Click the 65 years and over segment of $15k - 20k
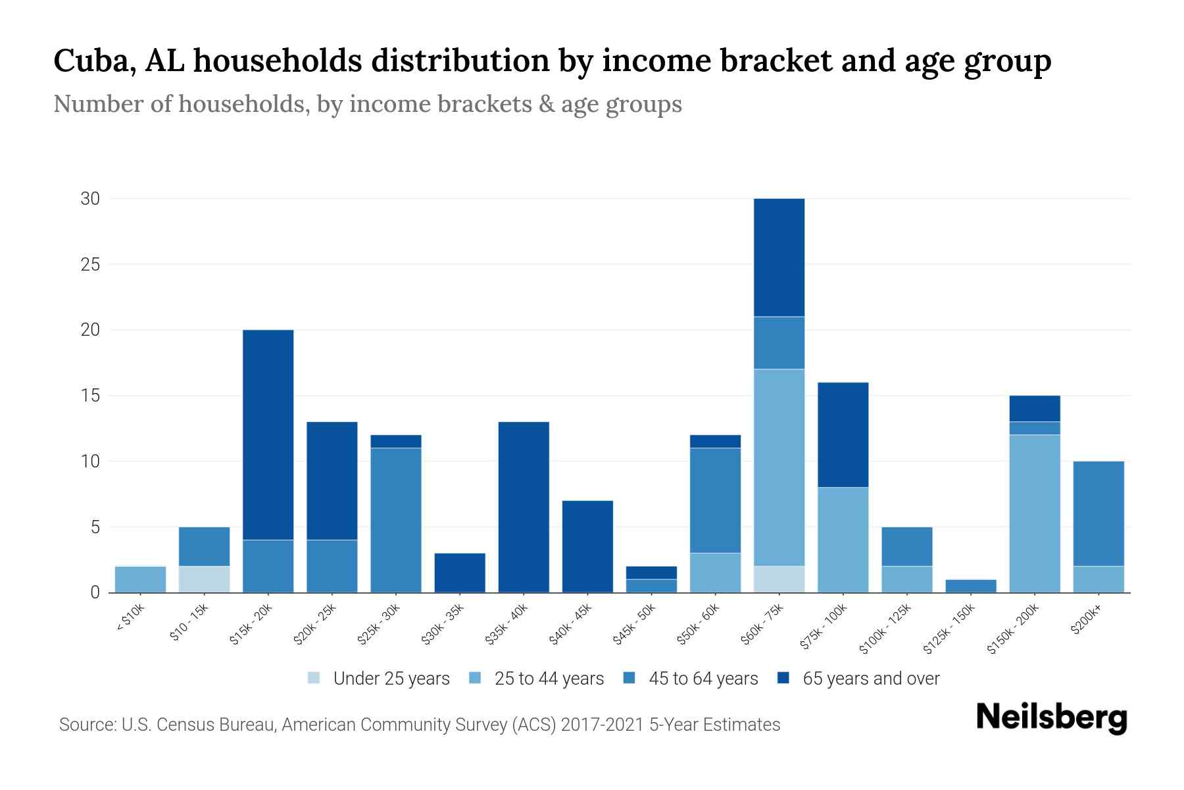[268, 434]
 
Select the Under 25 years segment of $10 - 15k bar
[205, 579]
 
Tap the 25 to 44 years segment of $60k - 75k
[779, 467]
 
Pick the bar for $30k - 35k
[460, 573]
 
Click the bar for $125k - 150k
[971, 586]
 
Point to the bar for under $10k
[140, 579]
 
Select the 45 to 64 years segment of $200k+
[1098, 513]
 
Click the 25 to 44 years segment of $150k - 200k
[1035, 513]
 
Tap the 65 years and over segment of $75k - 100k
[843, 434]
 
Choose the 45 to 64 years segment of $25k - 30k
[396, 520]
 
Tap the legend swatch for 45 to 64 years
[629, 678]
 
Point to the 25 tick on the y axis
[90, 265]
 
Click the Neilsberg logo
[1051, 718]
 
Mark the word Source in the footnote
[86, 725]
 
